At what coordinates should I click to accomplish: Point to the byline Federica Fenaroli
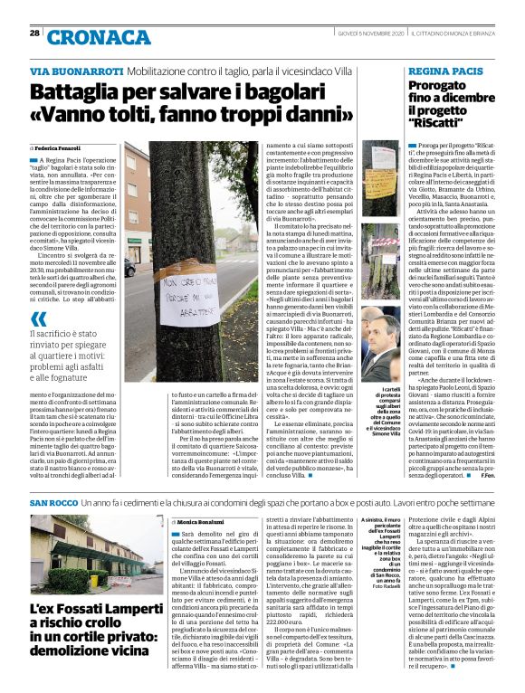tap(59, 147)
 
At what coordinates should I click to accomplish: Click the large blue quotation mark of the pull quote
tap(38, 318)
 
